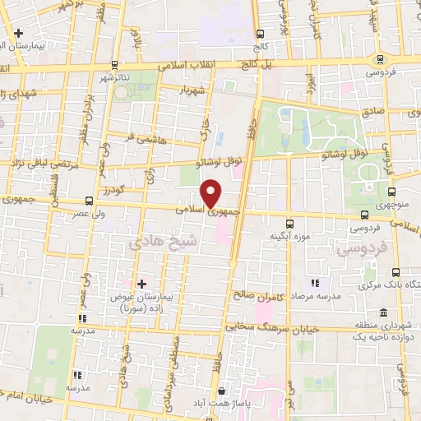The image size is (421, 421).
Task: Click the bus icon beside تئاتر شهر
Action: (115, 66)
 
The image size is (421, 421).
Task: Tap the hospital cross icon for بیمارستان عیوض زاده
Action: (141, 284)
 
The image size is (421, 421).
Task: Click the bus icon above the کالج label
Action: (261, 35)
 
